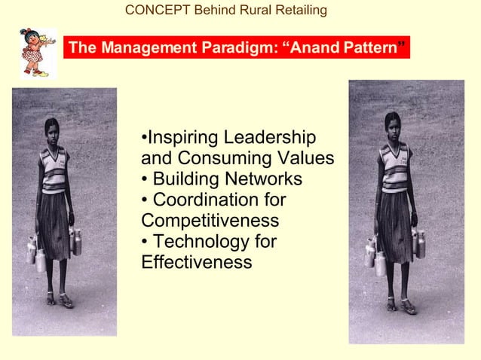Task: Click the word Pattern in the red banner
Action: pos(370,49)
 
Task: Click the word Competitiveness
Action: pos(210,221)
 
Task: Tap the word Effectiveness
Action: pos(196,263)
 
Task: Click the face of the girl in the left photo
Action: pos(51,130)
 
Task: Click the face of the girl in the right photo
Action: pos(393,124)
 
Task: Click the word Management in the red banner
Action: pos(146,49)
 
